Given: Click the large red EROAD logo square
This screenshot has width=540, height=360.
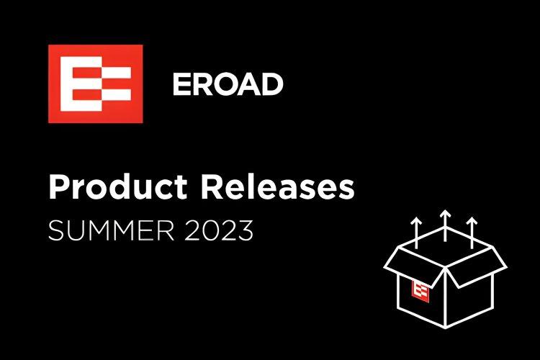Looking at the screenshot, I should click(x=94, y=84).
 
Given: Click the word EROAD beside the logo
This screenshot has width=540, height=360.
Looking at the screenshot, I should click(x=228, y=85).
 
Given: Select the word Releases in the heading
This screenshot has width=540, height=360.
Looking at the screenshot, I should click(x=277, y=188).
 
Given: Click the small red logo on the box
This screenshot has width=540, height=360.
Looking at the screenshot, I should click(x=422, y=290).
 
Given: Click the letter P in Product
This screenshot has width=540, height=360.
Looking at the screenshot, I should click(x=58, y=188).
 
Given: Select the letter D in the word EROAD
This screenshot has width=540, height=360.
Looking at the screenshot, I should click(x=272, y=85).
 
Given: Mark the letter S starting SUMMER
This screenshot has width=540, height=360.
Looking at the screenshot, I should click(x=54, y=231).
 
